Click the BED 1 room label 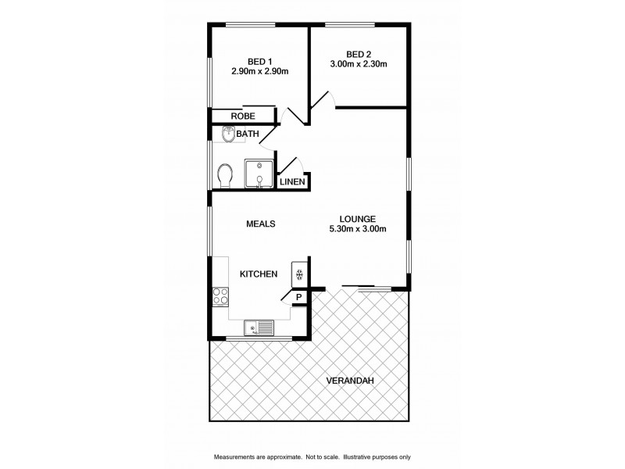[x=259, y=62]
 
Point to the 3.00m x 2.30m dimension [x=359, y=64]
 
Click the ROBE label [x=242, y=116]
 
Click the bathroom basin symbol [x=227, y=136]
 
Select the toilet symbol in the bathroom [x=225, y=174]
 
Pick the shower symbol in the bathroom [x=259, y=174]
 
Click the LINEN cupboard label [x=293, y=182]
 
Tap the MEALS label [x=260, y=224]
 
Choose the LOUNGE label [x=358, y=219]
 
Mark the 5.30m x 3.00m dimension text [x=359, y=229]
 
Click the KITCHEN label [x=259, y=274]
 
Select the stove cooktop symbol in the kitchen [x=220, y=296]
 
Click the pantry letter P [x=298, y=297]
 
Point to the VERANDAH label [x=351, y=381]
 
